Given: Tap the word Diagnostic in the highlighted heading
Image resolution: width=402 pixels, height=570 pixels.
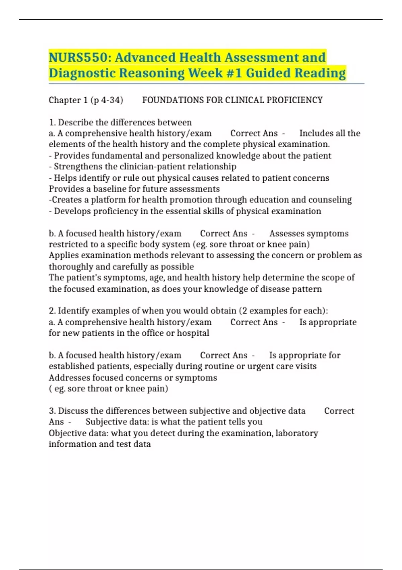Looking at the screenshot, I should pos(82,73).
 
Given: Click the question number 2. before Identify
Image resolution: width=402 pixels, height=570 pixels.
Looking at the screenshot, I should pos(52,310).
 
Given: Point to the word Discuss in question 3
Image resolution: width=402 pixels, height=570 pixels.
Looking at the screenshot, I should pos(73,411).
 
